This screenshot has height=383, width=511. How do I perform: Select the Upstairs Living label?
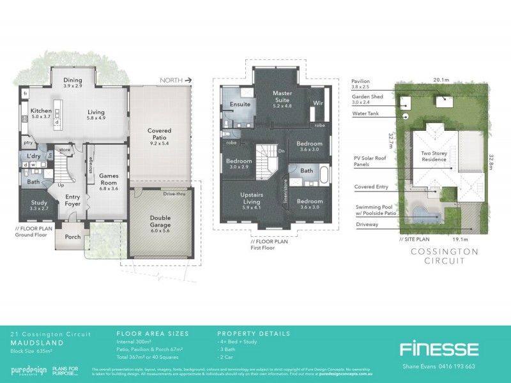pos(248,197)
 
